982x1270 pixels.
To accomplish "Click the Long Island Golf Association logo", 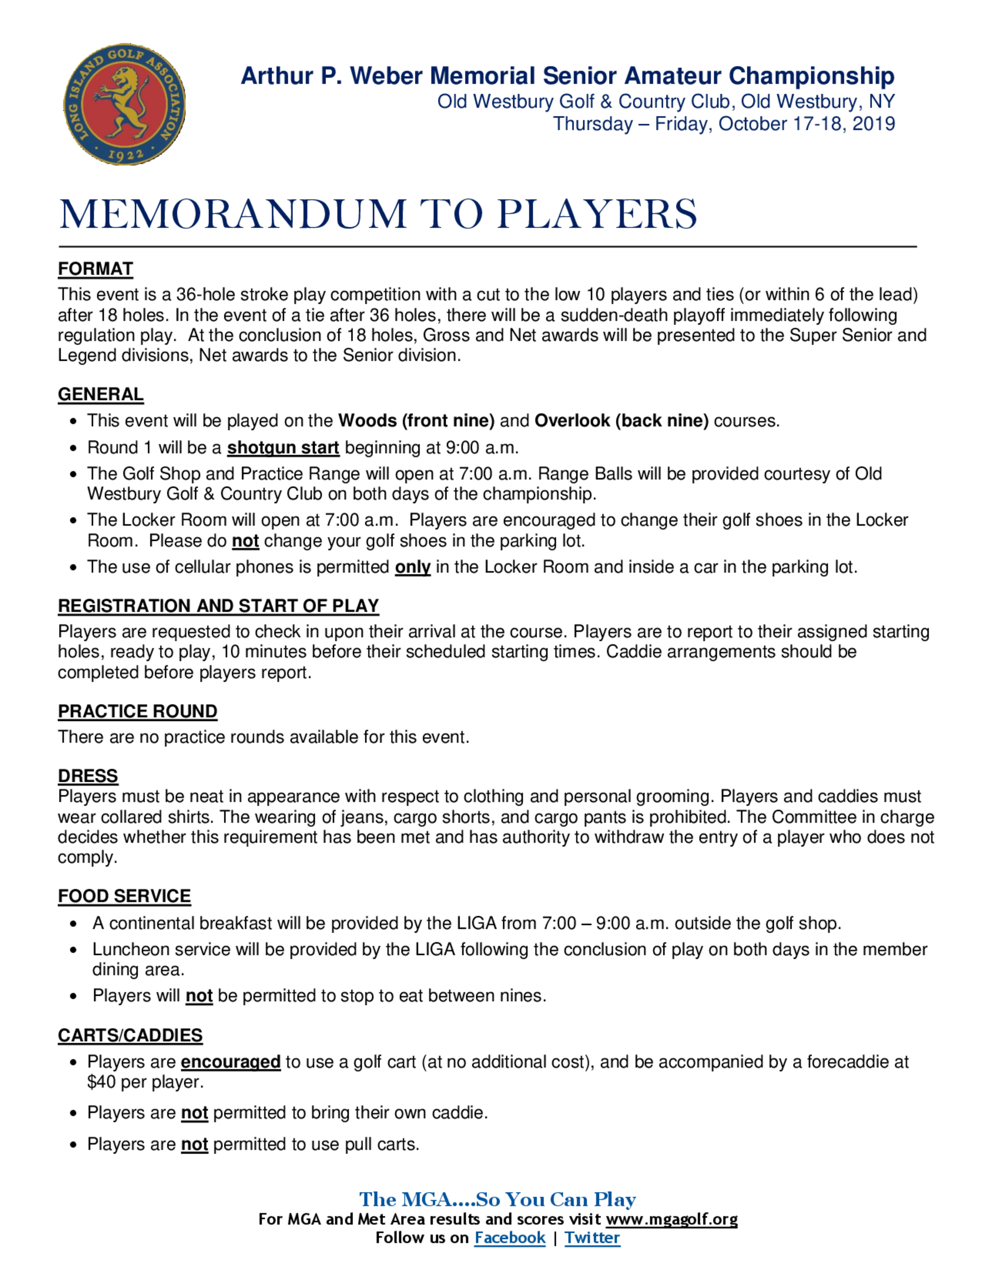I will click(x=124, y=105).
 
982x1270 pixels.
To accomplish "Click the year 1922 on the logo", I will click(x=126, y=155).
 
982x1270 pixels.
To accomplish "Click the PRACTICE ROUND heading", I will click(x=137, y=711).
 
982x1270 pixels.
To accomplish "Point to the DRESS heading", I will click(x=88, y=776).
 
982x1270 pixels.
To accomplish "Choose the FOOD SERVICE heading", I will click(x=124, y=896).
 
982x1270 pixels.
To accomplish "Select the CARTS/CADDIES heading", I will click(x=130, y=1035).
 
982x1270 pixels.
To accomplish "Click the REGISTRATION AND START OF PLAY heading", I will click(x=218, y=606).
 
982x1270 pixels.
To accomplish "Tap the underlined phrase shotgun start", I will click(x=283, y=448).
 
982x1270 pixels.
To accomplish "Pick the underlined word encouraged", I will click(x=230, y=1062).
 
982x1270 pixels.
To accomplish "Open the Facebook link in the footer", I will click(x=510, y=1238).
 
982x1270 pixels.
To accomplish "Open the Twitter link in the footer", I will click(x=592, y=1238).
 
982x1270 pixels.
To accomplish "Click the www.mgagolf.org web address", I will click(x=671, y=1219).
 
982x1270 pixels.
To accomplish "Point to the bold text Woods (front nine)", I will click(x=416, y=421).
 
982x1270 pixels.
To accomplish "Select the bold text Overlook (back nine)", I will click(x=621, y=421).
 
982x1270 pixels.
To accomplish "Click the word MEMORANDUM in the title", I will click(x=233, y=214).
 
